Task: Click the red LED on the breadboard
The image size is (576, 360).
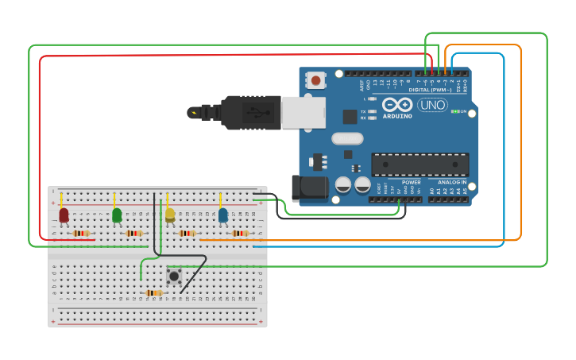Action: pyautogui.click(x=64, y=215)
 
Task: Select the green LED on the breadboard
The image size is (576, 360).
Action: pyautogui.click(x=117, y=215)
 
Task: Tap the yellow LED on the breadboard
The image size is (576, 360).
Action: pyautogui.click(x=170, y=215)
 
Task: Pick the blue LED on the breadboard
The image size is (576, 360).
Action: pyautogui.click(x=223, y=215)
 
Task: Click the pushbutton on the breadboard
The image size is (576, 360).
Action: pyautogui.click(x=174, y=277)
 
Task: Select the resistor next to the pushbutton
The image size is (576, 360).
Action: pyautogui.click(x=154, y=293)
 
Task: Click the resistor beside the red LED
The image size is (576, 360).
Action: pyautogui.click(x=80, y=234)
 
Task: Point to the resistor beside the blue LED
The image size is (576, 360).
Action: pyautogui.click(x=240, y=234)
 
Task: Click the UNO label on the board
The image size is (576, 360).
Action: pyautogui.click(x=432, y=105)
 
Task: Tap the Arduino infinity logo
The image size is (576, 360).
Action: pyautogui.click(x=396, y=105)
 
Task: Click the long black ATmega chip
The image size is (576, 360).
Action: pyautogui.click(x=419, y=164)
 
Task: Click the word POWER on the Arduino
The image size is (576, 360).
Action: pyautogui.click(x=412, y=182)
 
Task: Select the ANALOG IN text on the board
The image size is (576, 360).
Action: pyautogui.click(x=450, y=182)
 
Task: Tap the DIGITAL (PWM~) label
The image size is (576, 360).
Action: pyautogui.click(x=430, y=90)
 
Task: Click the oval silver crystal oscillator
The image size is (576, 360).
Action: pyautogui.click(x=347, y=138)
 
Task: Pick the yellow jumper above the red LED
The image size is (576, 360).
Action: pyautogui.click(x=61, y=199)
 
